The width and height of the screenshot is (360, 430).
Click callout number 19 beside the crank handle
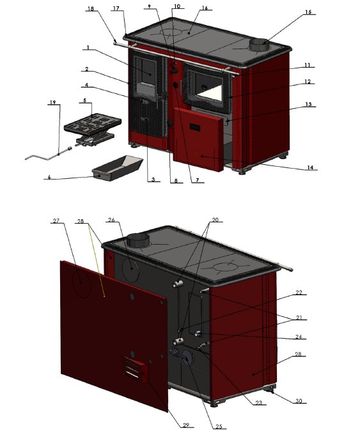(52, 103)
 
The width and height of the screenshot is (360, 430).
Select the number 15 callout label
(308, 12)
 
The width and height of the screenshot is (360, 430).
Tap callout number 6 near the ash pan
(49, 177)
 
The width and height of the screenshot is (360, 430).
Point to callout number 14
(310, 167)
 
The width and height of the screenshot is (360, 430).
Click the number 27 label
(56, 221)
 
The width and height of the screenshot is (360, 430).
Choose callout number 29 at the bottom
(186, 425)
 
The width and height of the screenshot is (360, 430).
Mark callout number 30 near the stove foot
(299, 401)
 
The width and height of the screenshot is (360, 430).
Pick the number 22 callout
(299, 293)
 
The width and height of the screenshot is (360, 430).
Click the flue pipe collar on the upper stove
(259, 45)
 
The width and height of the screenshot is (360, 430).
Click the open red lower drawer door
(198, 139)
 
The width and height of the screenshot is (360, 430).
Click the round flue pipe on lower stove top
(137, 240)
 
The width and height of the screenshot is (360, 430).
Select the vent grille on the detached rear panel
(135, 370)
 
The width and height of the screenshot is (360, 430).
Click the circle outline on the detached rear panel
(81, 285)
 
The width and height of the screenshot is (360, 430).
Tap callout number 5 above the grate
(85, 100)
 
